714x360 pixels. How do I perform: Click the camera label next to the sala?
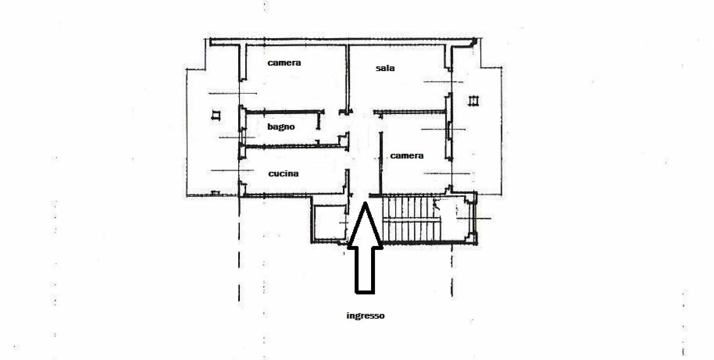coord(284,63)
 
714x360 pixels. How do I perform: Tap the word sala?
coord(385,68)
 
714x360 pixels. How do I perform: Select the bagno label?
coord(281,127)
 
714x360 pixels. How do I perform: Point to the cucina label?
coord(283,174)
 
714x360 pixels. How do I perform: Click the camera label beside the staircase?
coord(407,156)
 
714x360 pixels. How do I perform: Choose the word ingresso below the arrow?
coord(365,316)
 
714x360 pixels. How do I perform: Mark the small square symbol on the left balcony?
coord(216,115)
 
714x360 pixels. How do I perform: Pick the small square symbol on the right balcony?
coord(473,101)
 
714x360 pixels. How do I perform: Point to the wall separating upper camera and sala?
coord(348,78)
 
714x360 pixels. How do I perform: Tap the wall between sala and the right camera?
coord(410,112)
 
